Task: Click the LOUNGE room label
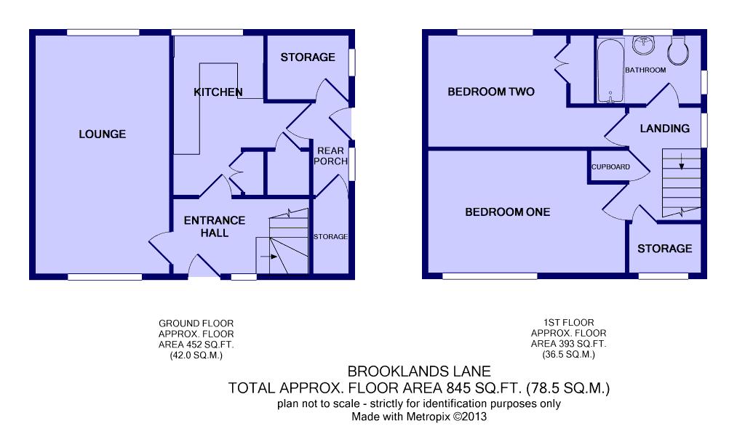[x=102, y=134]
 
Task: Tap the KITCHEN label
[x=218, y=92]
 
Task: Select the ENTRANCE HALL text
[x=215, y=227]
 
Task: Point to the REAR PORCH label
[x=330, y=156]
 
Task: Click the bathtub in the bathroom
[x=610, y=71]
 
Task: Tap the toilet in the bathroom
[x=678, y=50]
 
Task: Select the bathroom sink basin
[x=643, y=44]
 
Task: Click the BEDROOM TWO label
[x=491, y=92]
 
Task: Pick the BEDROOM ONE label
[x=507, y=212]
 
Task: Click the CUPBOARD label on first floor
[x=610, y=167]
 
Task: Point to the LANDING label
[x=665, y=128]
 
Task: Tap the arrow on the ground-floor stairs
[x=269, y=257]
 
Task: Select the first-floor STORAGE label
[x=665, y=249]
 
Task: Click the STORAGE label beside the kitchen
[x=308, y=57]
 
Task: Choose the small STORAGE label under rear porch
[x=331, y=236]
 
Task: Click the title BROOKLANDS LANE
[x=419, y=371]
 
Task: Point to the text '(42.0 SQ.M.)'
[x=196, y=355]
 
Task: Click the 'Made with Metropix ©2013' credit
[x=419, y=417]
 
